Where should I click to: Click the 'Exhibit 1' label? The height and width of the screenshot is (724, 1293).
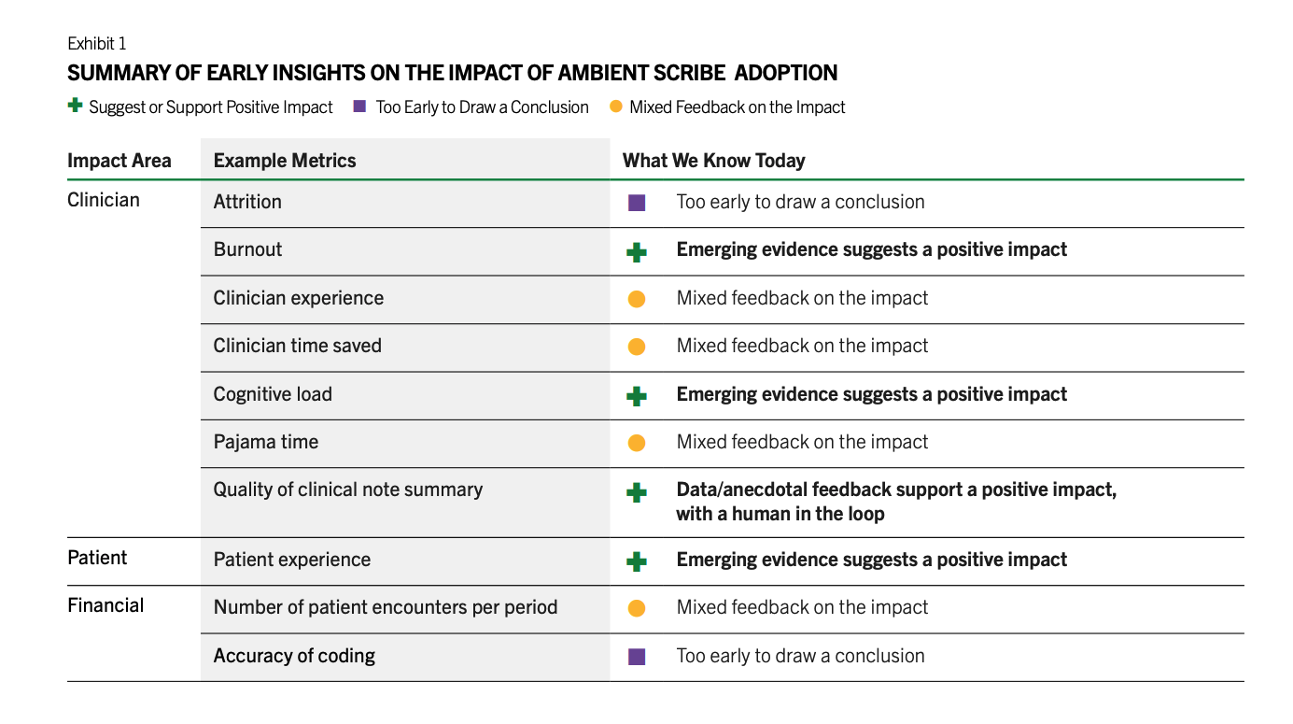(96, 44)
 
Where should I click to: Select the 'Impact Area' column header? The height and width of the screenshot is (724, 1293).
(119, 160)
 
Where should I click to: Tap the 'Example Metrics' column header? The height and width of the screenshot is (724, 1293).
(285, 160)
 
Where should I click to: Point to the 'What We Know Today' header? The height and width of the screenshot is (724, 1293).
(713, 160)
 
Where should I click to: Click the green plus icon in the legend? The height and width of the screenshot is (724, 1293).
(75, 106)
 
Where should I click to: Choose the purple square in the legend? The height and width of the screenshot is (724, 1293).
(359, 106)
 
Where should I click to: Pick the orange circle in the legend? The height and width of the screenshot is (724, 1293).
(616, 106)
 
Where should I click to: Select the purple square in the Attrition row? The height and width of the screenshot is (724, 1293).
(637, 203)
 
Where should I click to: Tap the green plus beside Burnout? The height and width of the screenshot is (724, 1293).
(637, 252)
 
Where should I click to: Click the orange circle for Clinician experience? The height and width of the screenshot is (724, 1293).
(637, 299)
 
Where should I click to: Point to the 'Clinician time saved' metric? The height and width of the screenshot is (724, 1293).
(297, 346)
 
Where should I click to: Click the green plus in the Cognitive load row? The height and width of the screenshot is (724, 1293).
(637, 396)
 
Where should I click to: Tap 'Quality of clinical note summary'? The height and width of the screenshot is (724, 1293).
(348, 490)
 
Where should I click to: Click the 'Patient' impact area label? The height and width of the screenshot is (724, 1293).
(97, 558)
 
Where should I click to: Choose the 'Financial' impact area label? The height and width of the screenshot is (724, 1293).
(105, 605)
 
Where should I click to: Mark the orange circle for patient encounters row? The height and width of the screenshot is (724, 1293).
(637, 608)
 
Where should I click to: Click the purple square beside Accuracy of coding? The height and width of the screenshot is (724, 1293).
(637, 657)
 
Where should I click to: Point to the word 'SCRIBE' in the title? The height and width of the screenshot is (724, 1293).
(689, 73)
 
